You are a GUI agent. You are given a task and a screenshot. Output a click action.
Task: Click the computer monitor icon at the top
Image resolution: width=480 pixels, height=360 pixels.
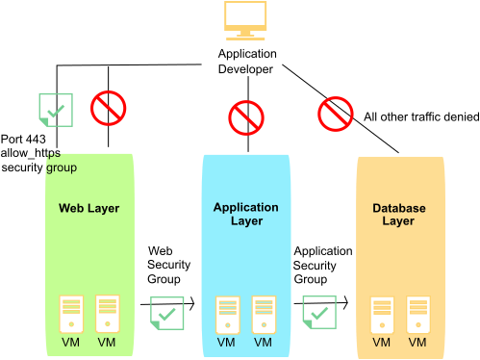245,20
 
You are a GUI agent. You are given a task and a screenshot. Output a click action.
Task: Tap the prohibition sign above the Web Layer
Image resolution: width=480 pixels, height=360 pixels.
109,108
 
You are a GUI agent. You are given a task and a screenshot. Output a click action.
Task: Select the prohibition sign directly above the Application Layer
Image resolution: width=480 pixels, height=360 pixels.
246,118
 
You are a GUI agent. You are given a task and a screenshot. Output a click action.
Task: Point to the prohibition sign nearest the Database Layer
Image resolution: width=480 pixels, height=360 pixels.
336,114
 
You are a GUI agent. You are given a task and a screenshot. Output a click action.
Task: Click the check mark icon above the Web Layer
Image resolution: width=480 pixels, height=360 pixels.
55,111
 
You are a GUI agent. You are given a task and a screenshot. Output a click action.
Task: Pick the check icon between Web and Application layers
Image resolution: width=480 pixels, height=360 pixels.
167,313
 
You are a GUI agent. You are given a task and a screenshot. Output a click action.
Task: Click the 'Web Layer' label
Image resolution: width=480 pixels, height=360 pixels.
88,208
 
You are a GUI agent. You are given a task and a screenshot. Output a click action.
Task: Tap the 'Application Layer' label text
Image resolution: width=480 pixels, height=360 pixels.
246,214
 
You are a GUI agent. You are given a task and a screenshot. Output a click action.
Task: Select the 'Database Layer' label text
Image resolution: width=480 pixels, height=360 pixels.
398,215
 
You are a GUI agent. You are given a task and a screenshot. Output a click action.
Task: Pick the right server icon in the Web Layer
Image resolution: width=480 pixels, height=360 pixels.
107,314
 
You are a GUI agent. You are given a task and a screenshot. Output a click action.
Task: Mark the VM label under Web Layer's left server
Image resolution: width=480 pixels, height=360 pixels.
71,343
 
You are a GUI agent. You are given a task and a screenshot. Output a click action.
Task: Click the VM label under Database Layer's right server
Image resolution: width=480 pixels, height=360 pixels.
417,343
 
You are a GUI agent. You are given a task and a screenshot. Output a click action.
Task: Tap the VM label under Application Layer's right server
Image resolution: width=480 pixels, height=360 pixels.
263,343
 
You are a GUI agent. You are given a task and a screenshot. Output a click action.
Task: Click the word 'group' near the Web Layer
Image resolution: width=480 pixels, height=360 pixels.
62,167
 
